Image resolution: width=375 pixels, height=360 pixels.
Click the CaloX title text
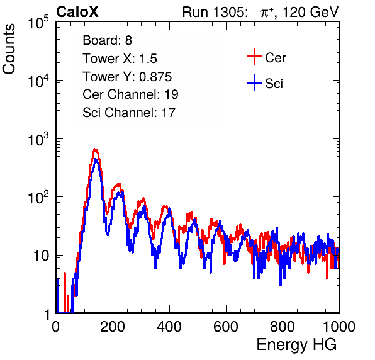(x=77, y=12)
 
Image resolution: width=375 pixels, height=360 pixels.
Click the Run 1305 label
(x=215, y=12)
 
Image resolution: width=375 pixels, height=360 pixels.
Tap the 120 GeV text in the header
(x=310, y=12)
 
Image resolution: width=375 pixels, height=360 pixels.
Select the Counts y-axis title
(x=9, y=49)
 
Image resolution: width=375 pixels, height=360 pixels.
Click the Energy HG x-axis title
(x=296, y=345)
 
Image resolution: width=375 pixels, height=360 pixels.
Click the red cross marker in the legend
(x=254, y=57)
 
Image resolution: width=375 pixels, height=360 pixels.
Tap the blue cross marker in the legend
(x=254, y=82)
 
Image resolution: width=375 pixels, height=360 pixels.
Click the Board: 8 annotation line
(x=108, y=40)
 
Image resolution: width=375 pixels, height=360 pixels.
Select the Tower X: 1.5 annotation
(x=120, y=59)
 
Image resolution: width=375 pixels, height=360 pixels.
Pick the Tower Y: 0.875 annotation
(x=127, y=77)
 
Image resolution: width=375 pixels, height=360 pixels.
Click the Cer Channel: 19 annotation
(x=130, y=94)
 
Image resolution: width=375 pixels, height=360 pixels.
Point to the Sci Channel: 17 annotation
(x=129, y=113)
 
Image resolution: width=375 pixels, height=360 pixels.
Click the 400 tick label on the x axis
(x=169, y=327)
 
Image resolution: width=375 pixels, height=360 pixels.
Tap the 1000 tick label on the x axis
(x=339, y=327)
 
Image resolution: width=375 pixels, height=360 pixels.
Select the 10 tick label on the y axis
(x=41, y=256)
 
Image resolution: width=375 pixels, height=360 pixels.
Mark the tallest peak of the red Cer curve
(x=96, y=150)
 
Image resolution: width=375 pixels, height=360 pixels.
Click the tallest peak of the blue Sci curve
(x=96, y=159)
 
